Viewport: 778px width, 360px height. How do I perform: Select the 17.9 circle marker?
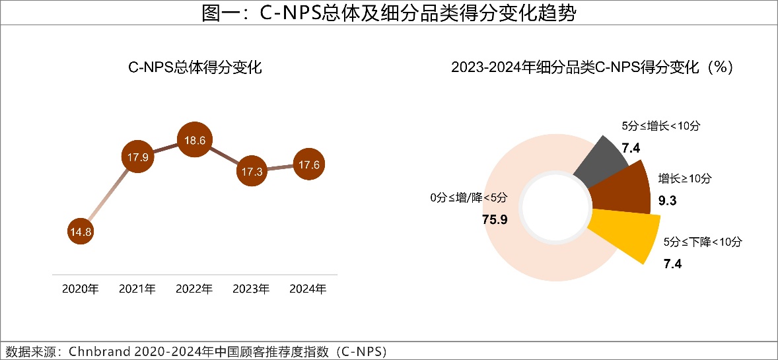pos(138,157)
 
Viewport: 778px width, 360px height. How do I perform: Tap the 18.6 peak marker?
pos(194,141)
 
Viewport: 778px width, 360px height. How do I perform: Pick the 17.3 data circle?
pos(252,171)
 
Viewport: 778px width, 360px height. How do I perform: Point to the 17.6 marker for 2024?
pos(308,165)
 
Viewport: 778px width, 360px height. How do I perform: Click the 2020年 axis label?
pos(81,289)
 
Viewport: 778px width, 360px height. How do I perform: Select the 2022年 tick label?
pos(194,289)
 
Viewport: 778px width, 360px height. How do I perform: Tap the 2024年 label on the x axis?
pos(308,289)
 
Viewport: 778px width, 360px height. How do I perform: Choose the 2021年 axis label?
pos(138,289)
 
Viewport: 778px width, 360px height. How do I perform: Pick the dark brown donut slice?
pos(624,188)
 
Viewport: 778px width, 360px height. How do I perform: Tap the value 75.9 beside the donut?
pos(495,219)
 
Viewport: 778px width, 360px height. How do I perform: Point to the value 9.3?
pos(668,201)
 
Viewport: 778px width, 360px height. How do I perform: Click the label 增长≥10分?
pos(685,178)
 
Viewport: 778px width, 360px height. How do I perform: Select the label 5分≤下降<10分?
pos(703,242)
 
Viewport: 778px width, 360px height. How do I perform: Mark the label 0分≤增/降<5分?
pos(470,197)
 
